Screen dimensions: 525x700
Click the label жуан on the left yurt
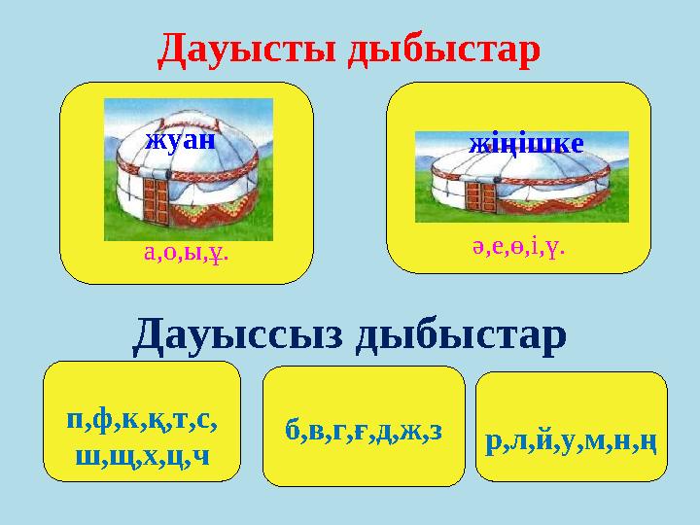[179, 138]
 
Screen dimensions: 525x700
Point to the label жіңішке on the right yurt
[526, 144]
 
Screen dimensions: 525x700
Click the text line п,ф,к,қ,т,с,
[142, 422]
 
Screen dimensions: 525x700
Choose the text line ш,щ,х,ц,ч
[142, 455]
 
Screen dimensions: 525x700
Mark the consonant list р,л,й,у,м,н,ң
[572, 442]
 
